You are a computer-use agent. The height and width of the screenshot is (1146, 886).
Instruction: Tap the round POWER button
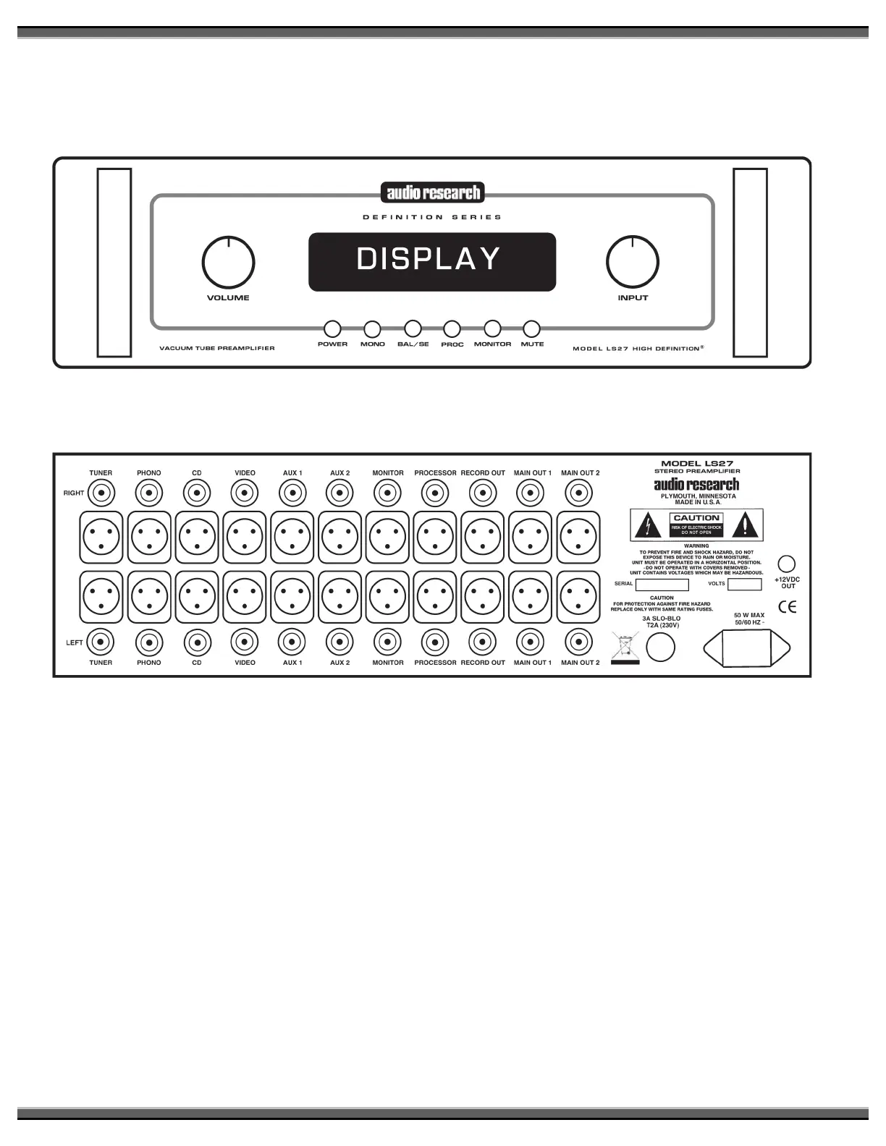pyautogui.click(x=332, y=329)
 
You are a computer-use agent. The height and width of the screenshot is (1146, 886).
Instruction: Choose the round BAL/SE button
pyautogui.click(x=413, y=329)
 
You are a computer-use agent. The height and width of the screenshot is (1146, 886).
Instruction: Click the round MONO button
pyautogui.click(x=372, y=329)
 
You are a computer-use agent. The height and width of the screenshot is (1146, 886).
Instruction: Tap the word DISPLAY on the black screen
pyautogui.click(x=429, y=260)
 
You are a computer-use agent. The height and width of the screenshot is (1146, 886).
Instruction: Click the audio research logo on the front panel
pyautogui.click(x=433, y=192)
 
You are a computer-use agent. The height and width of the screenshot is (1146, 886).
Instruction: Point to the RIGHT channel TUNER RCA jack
pyautogui.click(x=101, y=494)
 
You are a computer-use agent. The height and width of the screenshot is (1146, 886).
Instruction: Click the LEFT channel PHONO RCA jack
pyautogui.click(x=148, y=642)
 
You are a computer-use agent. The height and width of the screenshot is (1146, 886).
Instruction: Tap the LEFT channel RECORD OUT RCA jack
pyautogui.click(x=483, y=642)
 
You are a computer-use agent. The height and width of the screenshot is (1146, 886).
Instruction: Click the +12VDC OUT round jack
pyautogui.click(x=786, y=564)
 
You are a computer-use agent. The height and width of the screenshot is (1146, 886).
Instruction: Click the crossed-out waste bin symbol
pyautogui.click(x=625, y=647)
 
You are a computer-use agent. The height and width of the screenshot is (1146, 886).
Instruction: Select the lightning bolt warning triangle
pyautogui.click(x=647, y=525)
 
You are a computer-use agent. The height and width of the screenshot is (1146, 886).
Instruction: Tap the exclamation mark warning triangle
pyautogui.click(x=745, y=525)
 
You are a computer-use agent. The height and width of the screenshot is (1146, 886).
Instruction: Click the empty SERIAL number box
pyautogui.click(x=662, y=584)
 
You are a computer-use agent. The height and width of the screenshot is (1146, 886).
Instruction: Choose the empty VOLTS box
pyautogui.click(x=744, y=584)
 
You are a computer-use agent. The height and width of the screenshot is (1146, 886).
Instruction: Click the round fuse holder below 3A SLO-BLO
pyautogui.click(x=660, y=648)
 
